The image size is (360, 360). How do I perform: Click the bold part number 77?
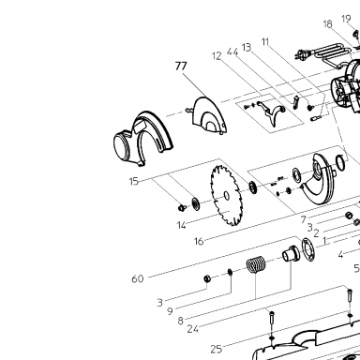[x=181, y=67]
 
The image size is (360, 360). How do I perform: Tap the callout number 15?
[x=134, y=181]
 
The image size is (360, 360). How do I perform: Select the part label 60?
[x=138, y=278]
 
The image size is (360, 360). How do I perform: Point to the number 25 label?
[x=217, y=349]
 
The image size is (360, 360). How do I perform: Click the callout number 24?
[x=193, y=329]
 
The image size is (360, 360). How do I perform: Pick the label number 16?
[x=199, y=241]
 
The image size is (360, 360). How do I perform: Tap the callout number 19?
[x=346, y=19]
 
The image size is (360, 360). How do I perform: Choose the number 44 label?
[x=232, y=52]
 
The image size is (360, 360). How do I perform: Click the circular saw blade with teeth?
[x=226, y=196]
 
